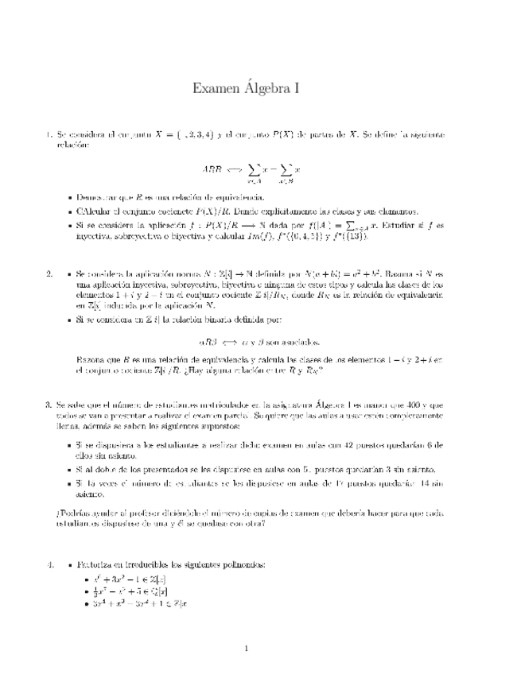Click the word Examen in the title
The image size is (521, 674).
218,89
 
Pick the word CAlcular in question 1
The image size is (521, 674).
97,211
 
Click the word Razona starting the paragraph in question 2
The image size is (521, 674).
90,359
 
